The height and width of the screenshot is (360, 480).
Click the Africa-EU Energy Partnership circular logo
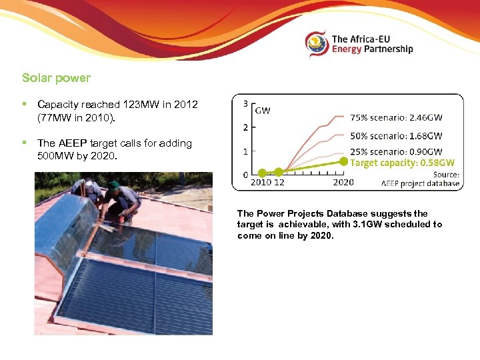click(317, 44)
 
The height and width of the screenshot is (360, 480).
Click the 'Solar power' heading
click(56, 78)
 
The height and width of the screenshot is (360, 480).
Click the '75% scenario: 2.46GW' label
click(396, 118)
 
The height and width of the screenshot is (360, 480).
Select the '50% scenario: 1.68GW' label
click(396, 136)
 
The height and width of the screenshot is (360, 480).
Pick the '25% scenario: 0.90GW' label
click(396, 151)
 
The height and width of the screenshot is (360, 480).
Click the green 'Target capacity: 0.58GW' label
click(403, 163)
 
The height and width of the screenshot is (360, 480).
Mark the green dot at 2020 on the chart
click(343, 161)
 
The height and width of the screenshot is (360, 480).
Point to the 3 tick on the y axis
click(246, 104)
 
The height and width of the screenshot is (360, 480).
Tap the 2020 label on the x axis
click(343, 182)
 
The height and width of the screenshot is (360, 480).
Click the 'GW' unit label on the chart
click(263, 110)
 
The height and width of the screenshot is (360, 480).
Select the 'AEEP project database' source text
click(420, 183)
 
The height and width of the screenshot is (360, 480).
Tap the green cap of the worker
click(114, 185)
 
